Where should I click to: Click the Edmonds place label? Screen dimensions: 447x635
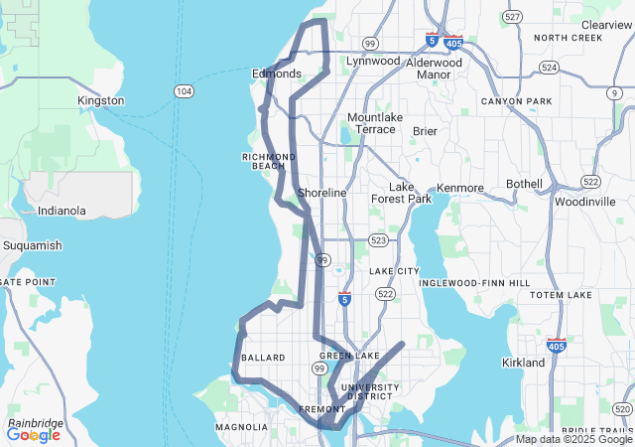point(276,74)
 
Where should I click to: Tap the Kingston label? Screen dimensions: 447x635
point(101,100)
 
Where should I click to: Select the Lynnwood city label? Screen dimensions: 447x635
point(372,61)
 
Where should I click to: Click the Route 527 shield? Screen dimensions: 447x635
point(512,17)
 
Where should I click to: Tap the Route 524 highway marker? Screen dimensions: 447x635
point(549,68)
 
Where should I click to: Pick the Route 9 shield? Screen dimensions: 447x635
point(615,92)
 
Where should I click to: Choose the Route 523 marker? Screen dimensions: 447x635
point(377,240)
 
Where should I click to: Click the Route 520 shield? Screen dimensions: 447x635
point(622,408)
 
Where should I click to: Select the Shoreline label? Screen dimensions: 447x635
point(322,193)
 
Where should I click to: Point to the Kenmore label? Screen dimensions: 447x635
point(460,188)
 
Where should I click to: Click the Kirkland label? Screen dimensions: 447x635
point(523,363)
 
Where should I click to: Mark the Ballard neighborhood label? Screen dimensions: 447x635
point(263,358)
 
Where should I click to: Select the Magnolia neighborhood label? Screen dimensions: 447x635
point(241,427)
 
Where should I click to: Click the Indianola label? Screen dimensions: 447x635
point(62,211)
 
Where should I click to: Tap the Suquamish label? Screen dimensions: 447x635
point(32,245)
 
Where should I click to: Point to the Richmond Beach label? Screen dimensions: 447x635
point(269,161)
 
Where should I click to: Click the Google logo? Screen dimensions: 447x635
point(34,434)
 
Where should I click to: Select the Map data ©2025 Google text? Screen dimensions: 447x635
point(574,439)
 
